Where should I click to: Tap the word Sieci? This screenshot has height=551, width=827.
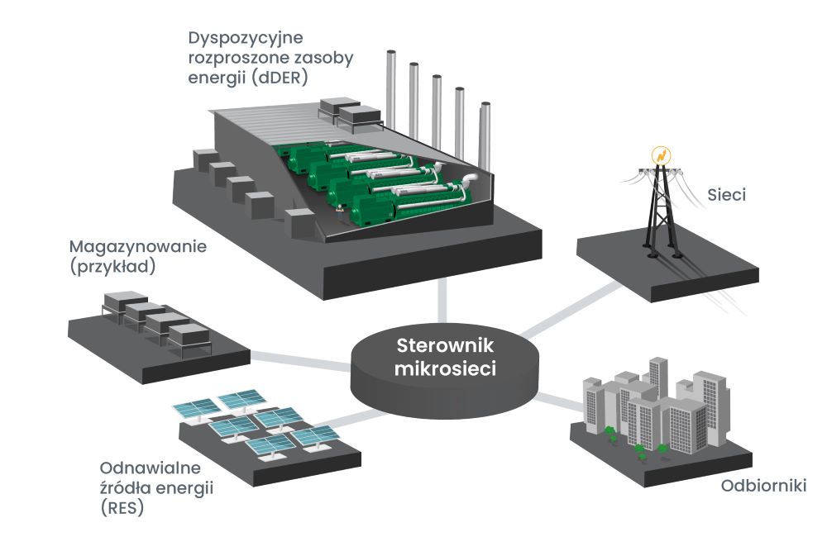(x=727, y=196)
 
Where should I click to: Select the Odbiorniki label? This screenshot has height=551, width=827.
(x=752, y=486)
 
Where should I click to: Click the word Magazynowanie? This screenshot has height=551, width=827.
(x=136, y=247)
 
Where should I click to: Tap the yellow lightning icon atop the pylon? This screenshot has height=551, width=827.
(x=661, y=154)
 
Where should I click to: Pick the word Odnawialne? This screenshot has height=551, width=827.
(x=144, y=467)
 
